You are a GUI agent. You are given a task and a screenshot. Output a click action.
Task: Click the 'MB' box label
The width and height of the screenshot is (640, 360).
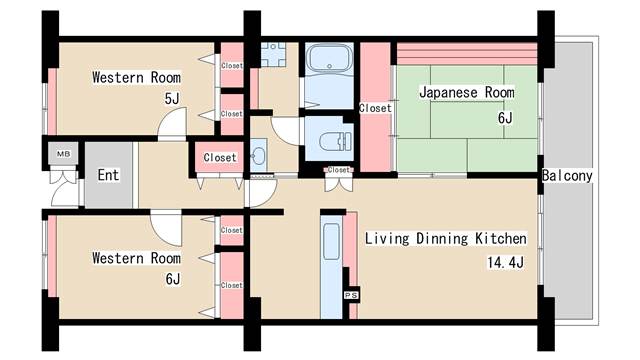tap(62, 154)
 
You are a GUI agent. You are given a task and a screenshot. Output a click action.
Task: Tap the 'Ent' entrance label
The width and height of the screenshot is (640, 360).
tap(108, 175)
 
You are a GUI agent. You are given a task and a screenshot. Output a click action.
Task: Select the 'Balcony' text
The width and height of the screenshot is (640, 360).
tap(568, 176)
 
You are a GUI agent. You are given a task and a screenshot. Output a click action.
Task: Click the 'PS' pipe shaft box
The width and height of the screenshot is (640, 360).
tap(350, 296)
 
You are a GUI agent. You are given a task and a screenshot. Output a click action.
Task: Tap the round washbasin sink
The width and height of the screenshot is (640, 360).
tap(259, 157)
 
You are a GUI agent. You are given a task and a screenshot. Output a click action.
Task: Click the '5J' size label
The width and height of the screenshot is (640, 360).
tap(172, 98)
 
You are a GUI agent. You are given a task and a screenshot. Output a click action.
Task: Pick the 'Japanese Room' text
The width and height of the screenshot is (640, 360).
tap(466, 93)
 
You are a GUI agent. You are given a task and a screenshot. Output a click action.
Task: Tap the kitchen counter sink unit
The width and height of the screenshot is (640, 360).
tap(332, 267)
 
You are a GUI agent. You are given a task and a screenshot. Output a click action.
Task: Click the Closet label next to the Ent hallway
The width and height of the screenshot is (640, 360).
tap(220, 157)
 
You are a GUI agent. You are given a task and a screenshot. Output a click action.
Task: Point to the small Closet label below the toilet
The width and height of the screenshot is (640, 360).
tap(339, 171)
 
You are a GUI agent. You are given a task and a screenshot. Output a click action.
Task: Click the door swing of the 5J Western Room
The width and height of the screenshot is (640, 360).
tap(173, 124)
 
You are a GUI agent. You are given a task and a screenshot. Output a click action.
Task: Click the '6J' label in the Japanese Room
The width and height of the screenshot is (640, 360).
tap(504, 118)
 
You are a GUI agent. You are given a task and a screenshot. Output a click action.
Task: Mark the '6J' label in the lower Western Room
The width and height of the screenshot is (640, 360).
tap(172, 279)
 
